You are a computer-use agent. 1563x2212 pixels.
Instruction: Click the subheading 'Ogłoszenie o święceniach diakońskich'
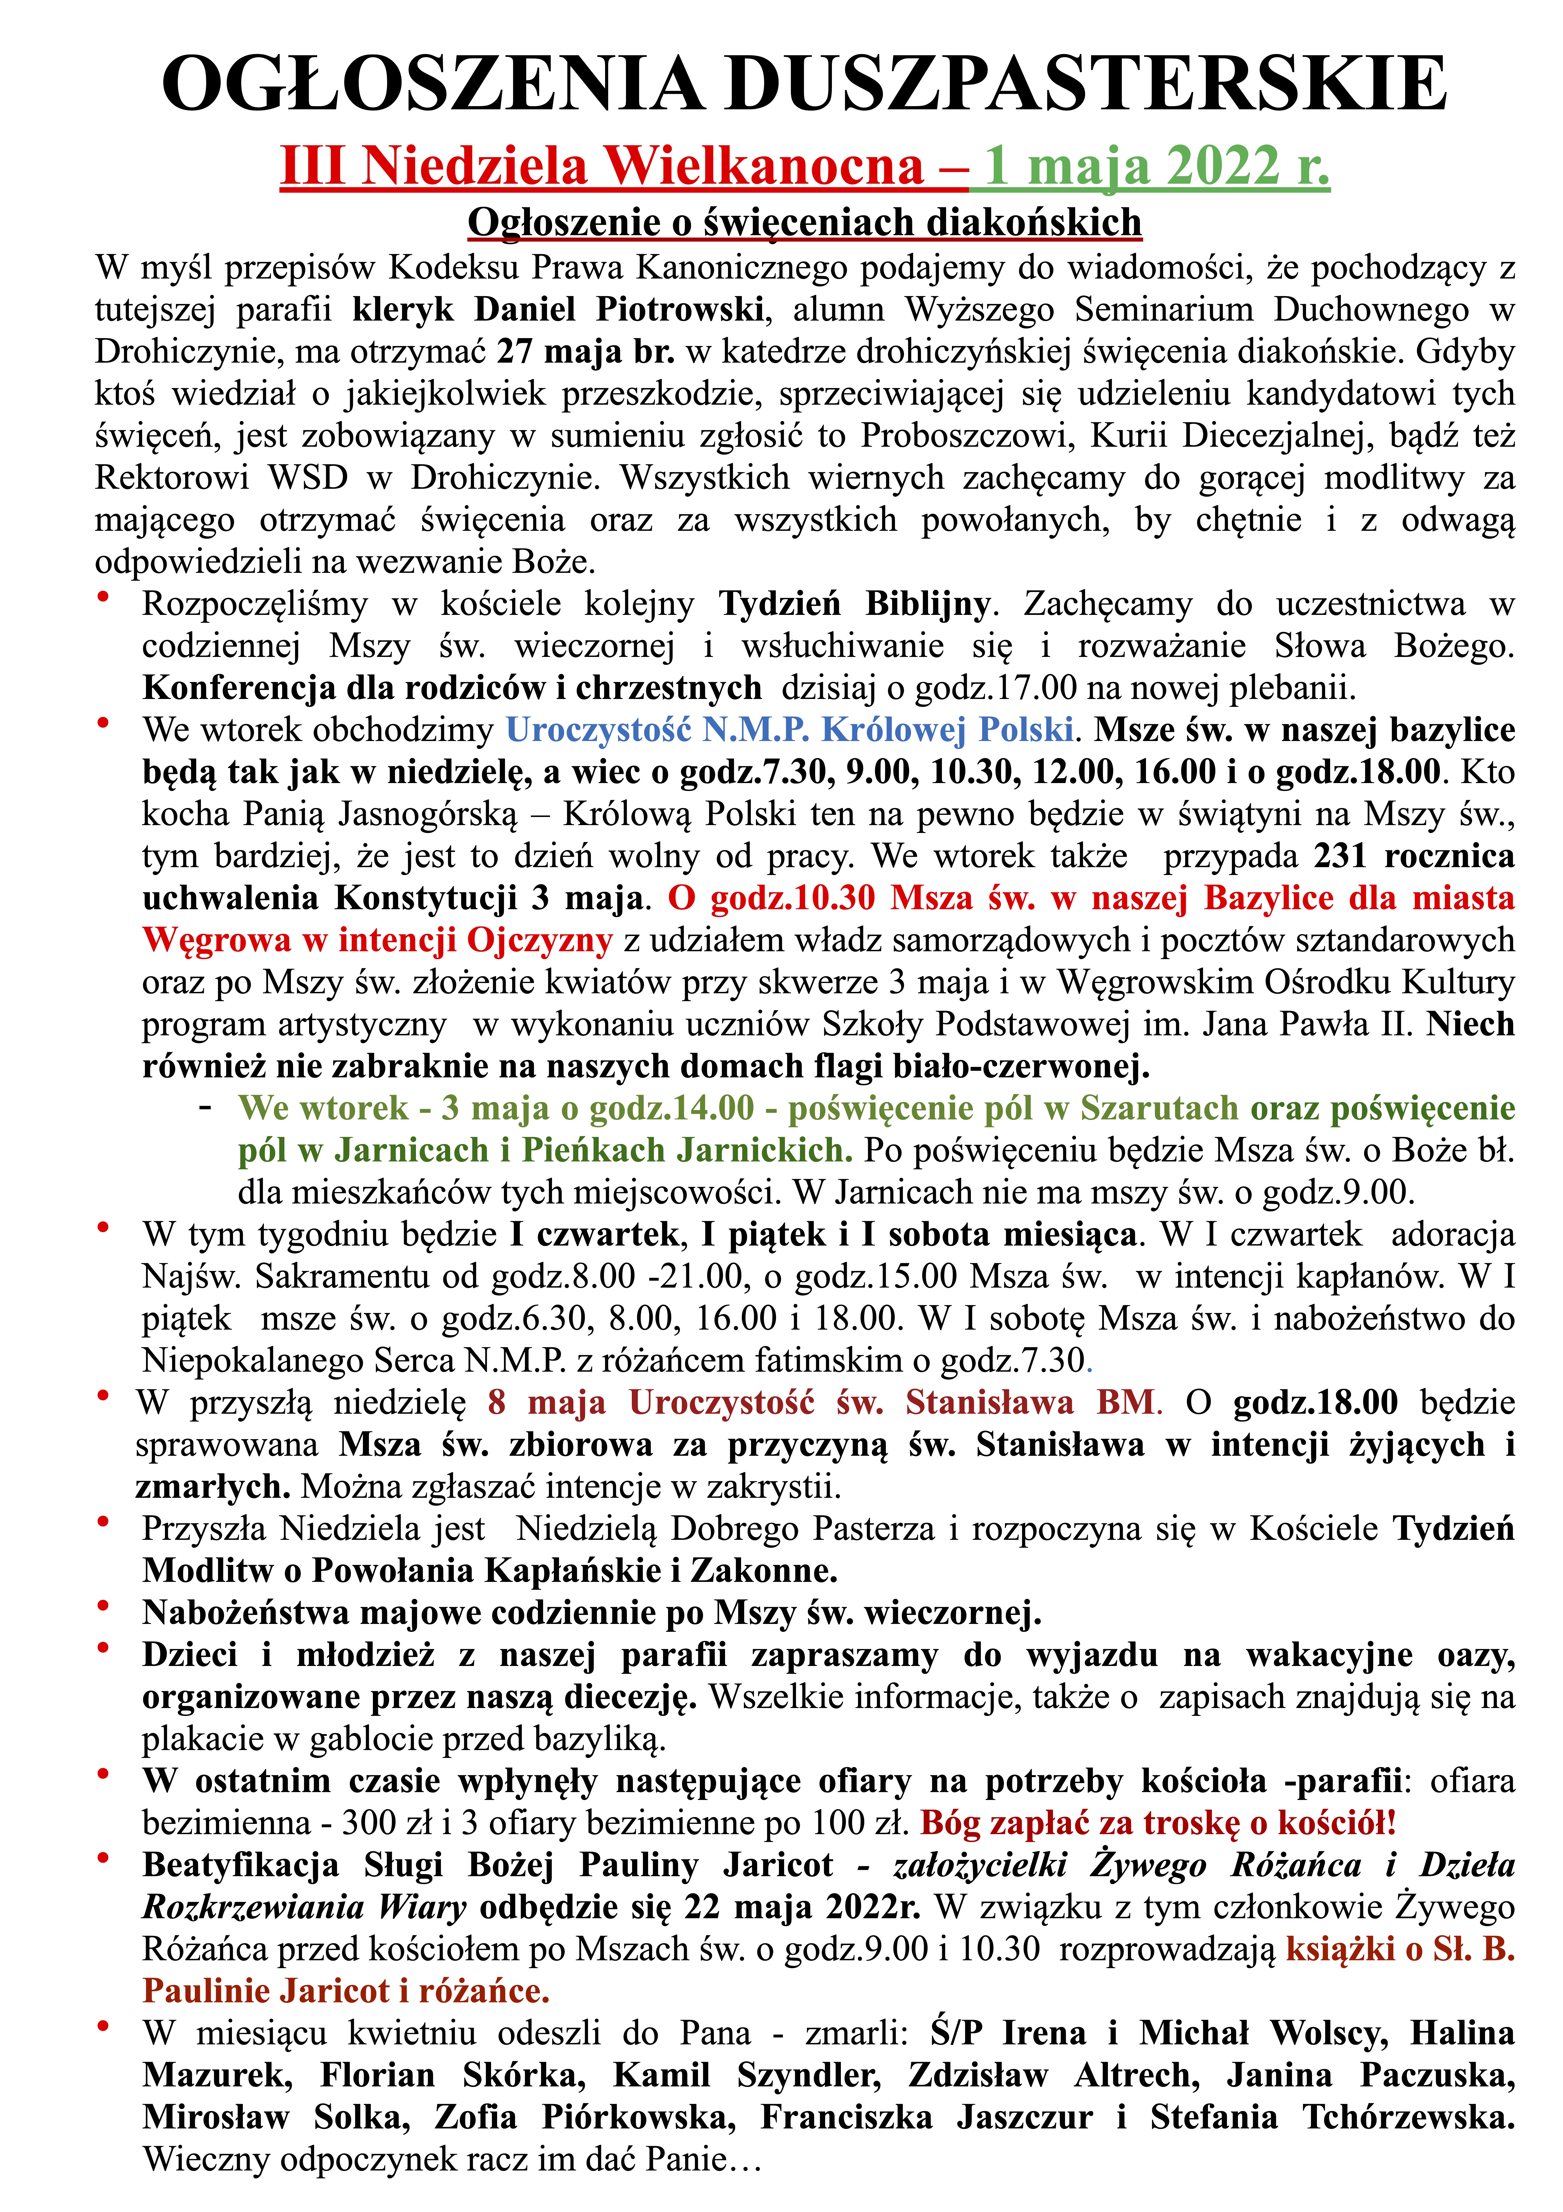tap(804, 223)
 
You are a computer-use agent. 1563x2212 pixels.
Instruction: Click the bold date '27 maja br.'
tap(586, 352)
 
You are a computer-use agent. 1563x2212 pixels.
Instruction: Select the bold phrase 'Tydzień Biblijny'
tap(854, 604)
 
